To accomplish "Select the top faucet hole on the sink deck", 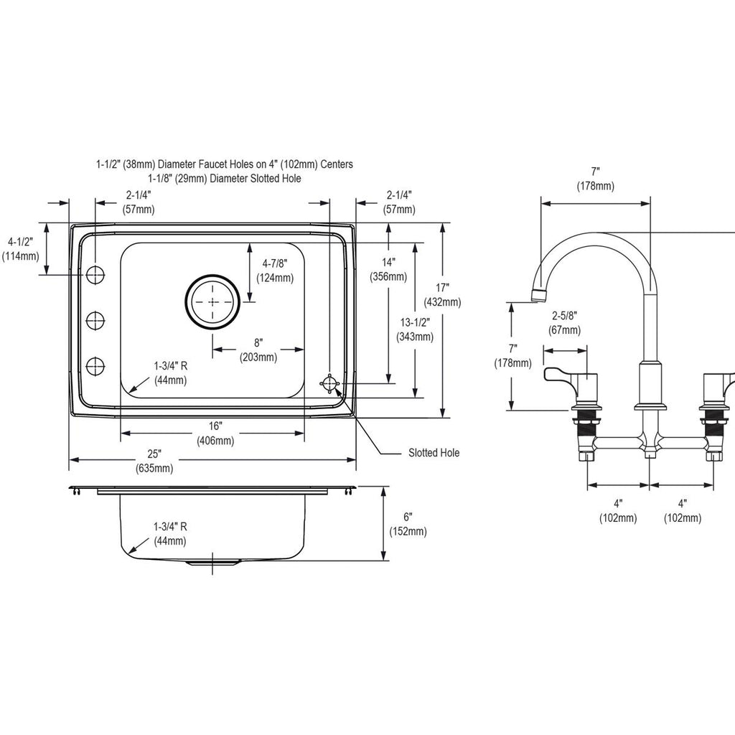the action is pyautogui.click(x=95, y=274).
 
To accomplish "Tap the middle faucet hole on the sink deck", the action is pyautogui.click(x=95, y=320).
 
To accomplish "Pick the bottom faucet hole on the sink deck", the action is pyautogui.click(x=95, y=365).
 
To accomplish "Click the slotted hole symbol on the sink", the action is pyautogui.click(x=330, y=383).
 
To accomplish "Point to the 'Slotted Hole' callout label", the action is pyautogui.click(x=434, y=453).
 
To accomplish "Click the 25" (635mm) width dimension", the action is pyautogui.click(x=154, y=461).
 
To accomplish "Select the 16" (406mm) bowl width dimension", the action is pyautogui.click(x=215, y=433).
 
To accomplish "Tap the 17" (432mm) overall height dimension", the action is pyautogui.click(x=442, y=295).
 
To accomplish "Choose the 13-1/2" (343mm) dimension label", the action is pyautogui.click(x=415, y=329).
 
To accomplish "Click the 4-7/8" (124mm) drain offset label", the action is pyautogui.click(x=275, y=271).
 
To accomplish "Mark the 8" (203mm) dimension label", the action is pyautogui.click(x=258, y=350).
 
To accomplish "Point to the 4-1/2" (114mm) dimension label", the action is pyautogui.click(x=21, y=249).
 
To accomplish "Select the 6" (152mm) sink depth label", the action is pyautogui.click(x=408, y=524).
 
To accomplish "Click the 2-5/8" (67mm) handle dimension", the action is pyautogui.click(x=564, y=322).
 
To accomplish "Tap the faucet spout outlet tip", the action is pyautogui.click(x=538, y=296).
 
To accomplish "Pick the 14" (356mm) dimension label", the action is pyautogui.click(x=388, y=269).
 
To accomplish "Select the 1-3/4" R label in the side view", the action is pyautogui.click(x=170, y=527).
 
